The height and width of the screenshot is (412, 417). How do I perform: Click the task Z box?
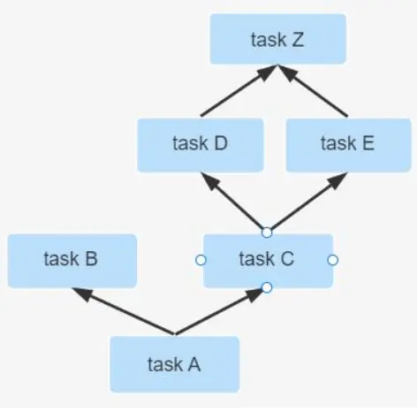(277, 39)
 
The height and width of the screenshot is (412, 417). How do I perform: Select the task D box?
(201, 145)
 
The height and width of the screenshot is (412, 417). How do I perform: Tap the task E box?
(348, 145)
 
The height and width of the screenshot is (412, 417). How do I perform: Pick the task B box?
(72, 261)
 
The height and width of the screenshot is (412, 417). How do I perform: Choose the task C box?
(268, 261)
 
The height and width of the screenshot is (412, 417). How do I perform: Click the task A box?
(175, 364)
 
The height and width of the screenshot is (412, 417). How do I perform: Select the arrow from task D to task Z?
(239, 90)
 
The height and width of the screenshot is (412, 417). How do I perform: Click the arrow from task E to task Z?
(313, 90)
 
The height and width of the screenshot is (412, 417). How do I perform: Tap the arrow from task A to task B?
(124, 311)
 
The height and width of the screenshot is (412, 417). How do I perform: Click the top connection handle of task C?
(267, 233)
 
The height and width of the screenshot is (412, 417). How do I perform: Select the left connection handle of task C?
(201, 260)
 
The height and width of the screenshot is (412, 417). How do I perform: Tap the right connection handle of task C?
(333, 260)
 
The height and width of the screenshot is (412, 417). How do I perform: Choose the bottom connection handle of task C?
(267, 287)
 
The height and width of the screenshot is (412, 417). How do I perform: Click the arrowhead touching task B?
(82, 294)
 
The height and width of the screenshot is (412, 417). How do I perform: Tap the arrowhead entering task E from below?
(337, 180)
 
